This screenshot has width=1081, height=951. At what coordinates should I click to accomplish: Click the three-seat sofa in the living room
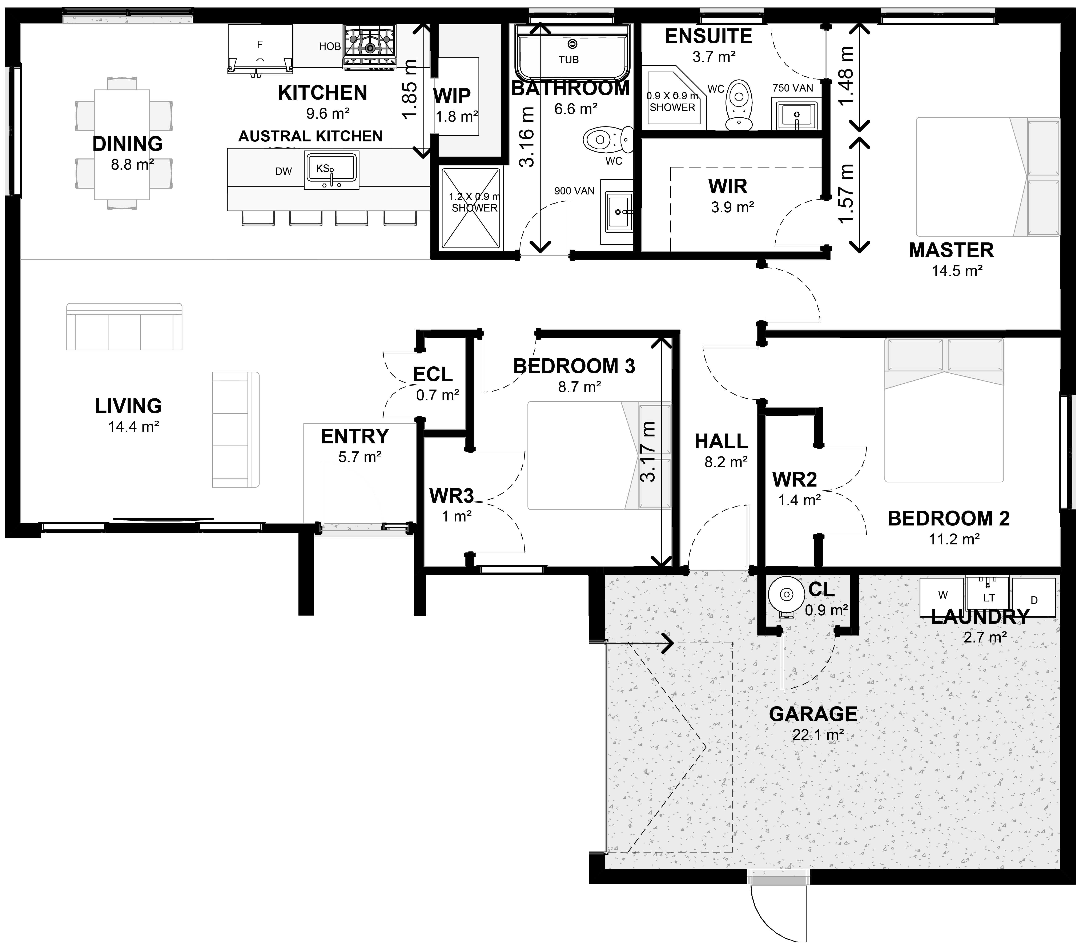pos(124,326)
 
